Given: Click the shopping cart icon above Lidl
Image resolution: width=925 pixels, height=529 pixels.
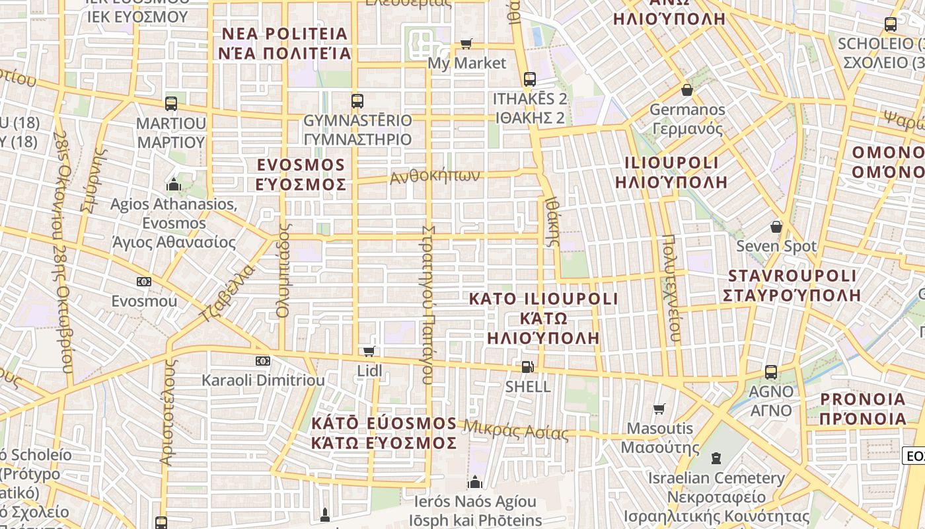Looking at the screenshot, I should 369,351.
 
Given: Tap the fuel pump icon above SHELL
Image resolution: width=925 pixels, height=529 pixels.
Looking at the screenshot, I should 527,366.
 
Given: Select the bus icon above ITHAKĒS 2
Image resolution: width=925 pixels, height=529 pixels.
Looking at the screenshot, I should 529,79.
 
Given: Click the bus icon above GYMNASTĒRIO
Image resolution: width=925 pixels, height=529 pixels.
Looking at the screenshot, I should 357,101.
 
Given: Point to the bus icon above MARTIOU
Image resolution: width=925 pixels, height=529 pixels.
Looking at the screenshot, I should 170,104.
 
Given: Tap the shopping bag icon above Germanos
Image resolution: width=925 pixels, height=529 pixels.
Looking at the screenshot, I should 687,90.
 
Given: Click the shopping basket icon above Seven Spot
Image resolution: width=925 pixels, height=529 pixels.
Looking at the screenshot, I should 776,227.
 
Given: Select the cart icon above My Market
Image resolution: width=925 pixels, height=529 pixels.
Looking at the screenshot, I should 466,44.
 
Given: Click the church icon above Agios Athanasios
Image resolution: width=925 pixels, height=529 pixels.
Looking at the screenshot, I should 174,184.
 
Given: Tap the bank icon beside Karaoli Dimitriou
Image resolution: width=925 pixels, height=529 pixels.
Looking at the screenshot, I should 263,361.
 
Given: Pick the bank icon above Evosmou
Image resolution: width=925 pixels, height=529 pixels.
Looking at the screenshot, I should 144,282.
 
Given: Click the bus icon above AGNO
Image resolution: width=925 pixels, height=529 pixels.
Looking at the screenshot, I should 770,372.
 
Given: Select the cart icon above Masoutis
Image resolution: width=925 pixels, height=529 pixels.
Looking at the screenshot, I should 659,409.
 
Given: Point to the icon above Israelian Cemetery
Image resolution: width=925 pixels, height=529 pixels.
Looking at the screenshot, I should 716,458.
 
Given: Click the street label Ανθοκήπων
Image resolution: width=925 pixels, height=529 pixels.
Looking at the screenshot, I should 434,177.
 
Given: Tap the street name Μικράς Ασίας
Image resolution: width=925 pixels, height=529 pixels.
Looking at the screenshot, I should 515,430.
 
